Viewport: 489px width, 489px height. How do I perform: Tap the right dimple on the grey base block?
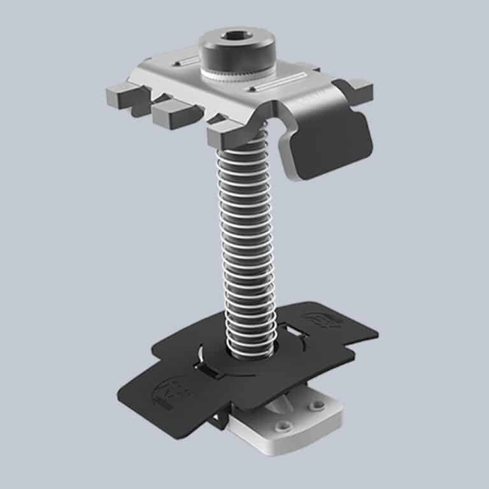pos(316,405)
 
